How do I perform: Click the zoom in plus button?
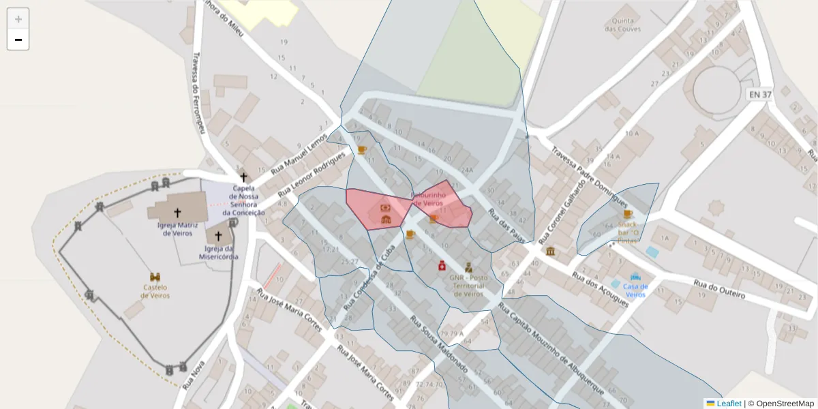click(18, 19)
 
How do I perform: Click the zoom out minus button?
click(18, 40)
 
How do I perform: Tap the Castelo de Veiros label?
click(155, 291)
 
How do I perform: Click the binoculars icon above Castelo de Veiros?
click(155, 277)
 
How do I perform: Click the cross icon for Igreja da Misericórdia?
click(218, 237)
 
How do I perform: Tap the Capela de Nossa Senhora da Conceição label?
click(243, 200)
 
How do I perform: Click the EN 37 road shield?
click(759, 95)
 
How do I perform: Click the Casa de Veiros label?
click(635, 290)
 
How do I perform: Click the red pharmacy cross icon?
click(442, 265)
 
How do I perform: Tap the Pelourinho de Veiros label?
click(429, 199)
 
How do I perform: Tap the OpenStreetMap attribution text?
click(785, 404)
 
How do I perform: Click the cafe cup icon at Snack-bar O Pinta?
click(627, 214)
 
